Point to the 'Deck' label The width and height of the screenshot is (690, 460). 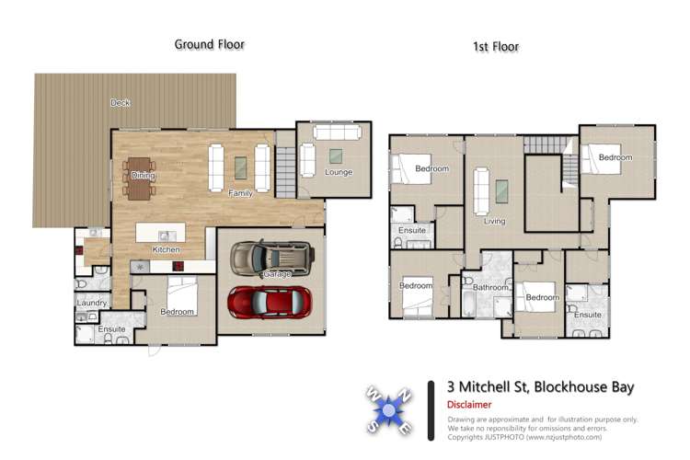120,103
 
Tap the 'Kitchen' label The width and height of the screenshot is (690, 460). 166,249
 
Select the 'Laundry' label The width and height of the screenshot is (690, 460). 92,303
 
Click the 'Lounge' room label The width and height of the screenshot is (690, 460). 339,172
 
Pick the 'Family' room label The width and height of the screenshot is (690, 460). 241,193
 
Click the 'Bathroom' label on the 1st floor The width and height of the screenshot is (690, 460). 490,287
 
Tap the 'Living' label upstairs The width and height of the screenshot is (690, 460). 495,221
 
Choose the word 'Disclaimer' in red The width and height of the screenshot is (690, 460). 469,405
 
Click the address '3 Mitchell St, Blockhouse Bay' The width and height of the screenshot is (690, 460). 540,386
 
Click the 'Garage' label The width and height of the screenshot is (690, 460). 277,274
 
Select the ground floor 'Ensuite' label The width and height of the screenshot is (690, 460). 111,328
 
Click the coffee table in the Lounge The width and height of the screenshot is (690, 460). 338,154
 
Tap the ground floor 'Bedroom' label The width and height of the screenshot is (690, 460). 177,312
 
